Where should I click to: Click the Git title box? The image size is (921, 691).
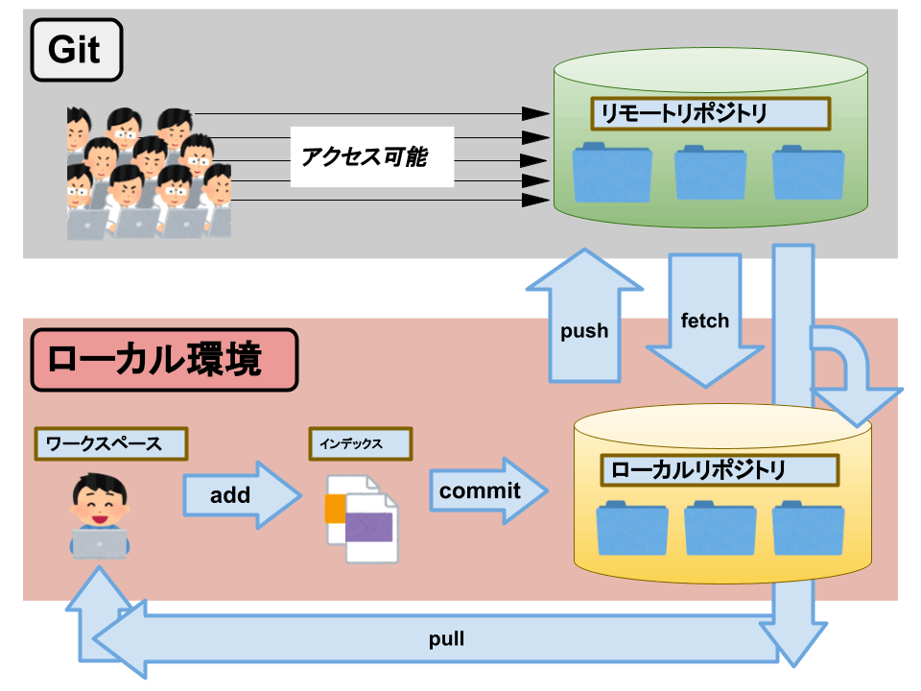pyautogui.click(x=76, y=49)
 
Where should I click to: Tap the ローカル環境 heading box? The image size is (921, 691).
pyautogui.click(x=164, y=360)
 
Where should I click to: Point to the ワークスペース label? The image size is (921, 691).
pyautogui.click(x=110, y=443)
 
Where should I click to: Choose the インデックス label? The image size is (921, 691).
pyautogui.click(x=361, y=443)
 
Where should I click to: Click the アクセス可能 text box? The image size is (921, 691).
pyautogui.click(x=371, y=156)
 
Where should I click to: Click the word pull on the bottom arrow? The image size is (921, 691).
pyautogui.click(x=447, y=638)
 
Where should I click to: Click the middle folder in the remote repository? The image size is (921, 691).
pyautogui.click(x=710, y=172)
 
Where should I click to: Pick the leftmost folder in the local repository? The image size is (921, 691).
pyautogui.click(x=631, y=529)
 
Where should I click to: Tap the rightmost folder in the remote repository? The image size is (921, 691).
pyautogui.click(x=808, y=172)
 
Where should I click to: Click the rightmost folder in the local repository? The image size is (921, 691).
pyautogui.click(x=808, y=529)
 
